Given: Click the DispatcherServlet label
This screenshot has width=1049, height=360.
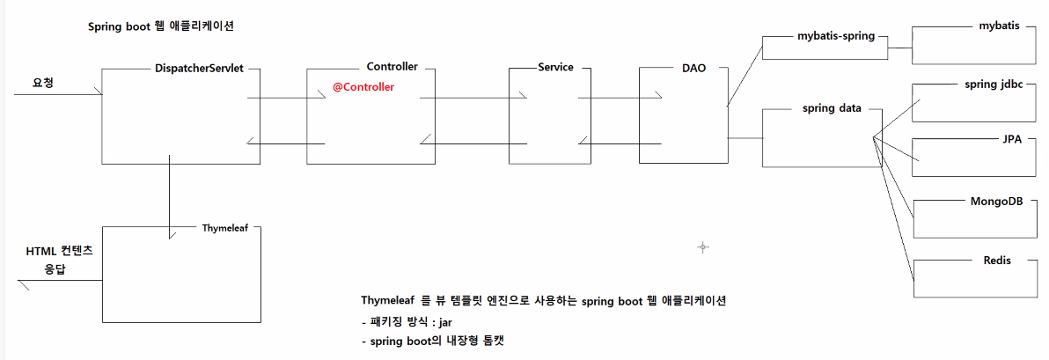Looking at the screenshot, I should tap(204, 68).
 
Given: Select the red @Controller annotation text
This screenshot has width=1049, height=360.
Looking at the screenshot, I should tap(363, 87).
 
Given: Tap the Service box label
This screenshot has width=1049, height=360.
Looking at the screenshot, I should tap(554, 68).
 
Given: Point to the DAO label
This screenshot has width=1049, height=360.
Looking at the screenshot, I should tap(693, 68).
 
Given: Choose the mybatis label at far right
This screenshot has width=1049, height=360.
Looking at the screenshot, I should tap(999, 26).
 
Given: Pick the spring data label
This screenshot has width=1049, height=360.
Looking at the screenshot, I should tap(831, 108).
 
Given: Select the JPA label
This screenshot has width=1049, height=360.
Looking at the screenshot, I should tap(1012, 140).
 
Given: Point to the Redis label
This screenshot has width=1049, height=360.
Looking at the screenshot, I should tap(997, 261).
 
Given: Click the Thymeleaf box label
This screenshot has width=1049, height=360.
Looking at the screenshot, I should tap(225, 226).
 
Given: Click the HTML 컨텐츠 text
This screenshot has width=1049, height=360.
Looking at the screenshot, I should tap(59, 252).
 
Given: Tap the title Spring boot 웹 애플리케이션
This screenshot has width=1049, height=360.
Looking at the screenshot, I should tap(159, 26).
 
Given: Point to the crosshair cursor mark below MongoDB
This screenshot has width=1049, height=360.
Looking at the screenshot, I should tap(702, 247).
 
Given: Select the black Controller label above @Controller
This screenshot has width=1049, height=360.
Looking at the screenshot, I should tap(392, 67).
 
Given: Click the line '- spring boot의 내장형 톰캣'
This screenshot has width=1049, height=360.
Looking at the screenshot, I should tap(431, 341).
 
